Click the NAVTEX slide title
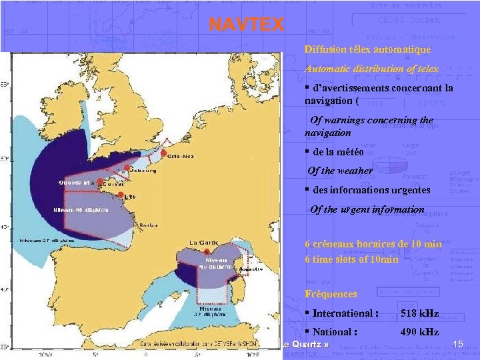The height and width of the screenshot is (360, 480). coord(246,25)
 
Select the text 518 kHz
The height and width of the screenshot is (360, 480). coord(419,313)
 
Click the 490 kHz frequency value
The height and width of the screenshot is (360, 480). coord(419,331)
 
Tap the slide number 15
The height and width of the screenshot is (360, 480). coord(457,343)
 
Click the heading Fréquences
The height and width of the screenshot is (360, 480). coord(331,293)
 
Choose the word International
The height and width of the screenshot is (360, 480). coord(344,313)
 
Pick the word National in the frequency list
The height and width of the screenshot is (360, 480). coord(333,331)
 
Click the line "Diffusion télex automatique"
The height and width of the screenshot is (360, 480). coord(367,49)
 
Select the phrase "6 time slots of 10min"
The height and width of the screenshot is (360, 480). coord(351,259)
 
